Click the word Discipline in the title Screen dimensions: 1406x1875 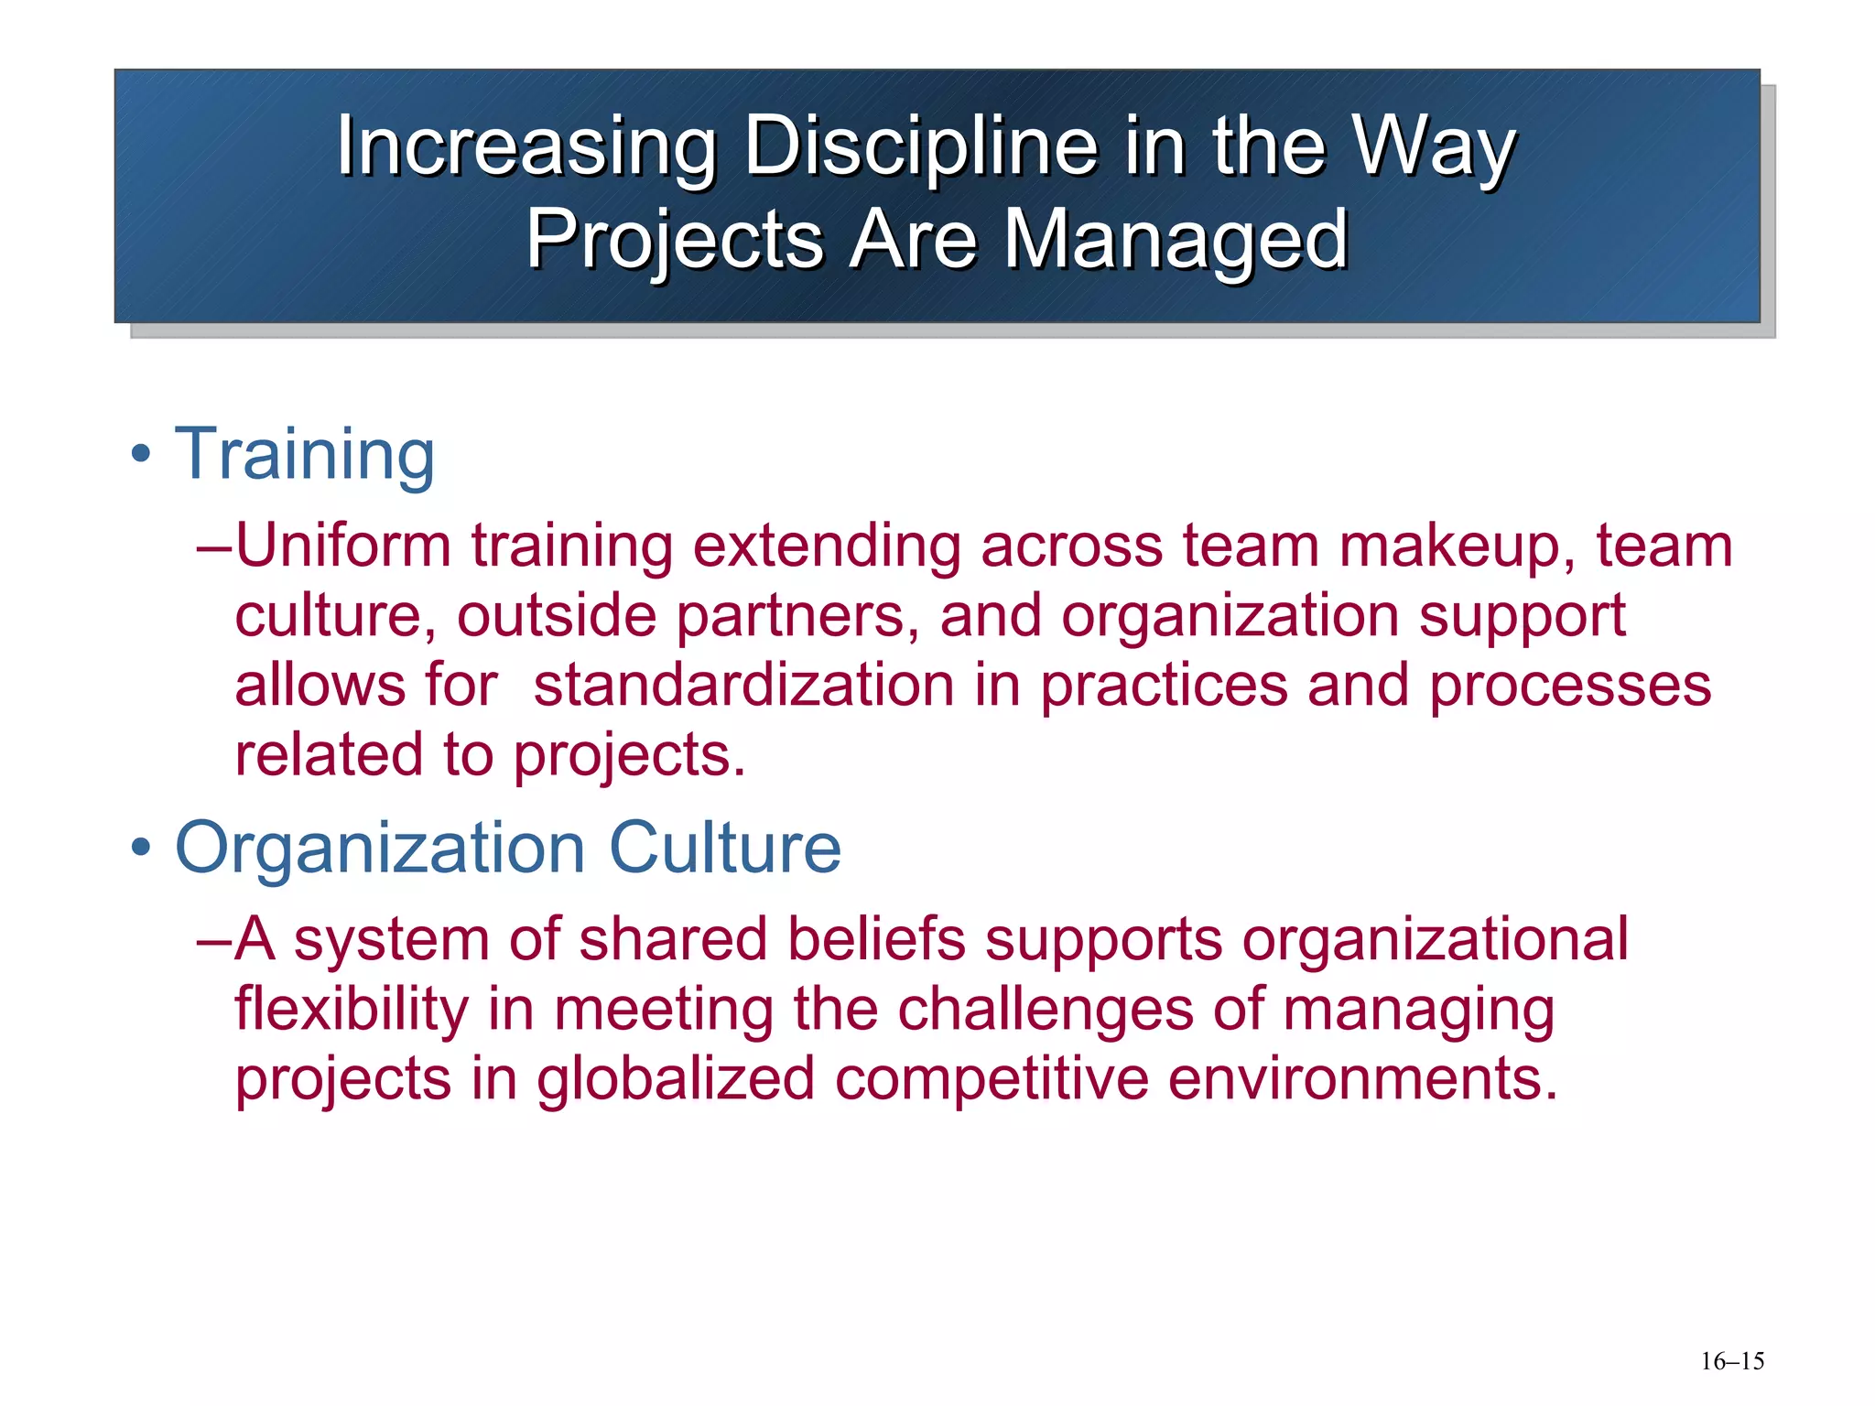(919, 146)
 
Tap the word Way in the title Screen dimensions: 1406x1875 (1434, 146)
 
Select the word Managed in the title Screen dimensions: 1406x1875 (1176, 240)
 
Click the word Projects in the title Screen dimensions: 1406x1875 (675, 240)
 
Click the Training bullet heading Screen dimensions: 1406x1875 (305, 455)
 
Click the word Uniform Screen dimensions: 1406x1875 (343, 546)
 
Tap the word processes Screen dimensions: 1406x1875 (1569, 687)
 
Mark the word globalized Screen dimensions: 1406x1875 (676, 1079)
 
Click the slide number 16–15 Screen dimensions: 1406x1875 (1732, 1361)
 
